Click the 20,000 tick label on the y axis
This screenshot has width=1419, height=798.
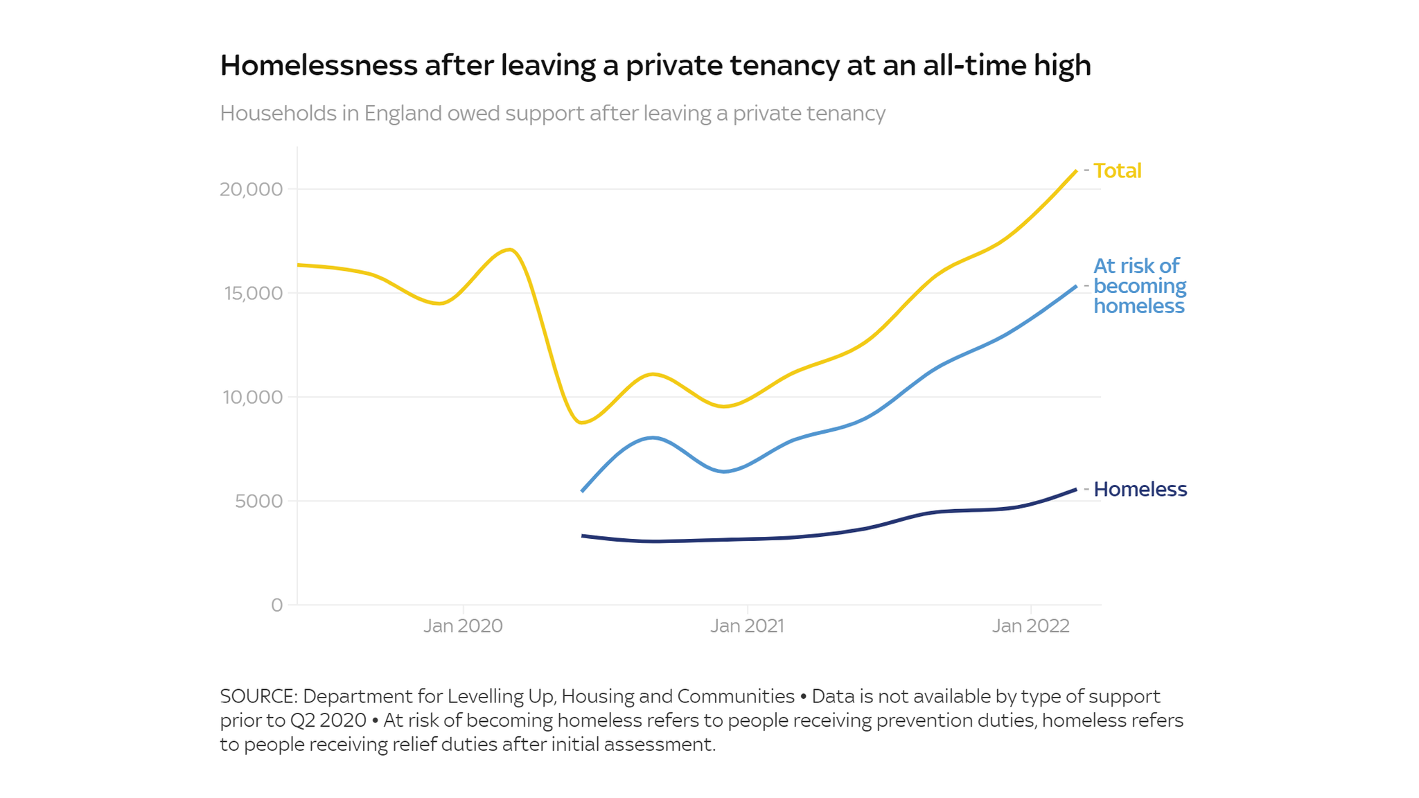pos(252,189)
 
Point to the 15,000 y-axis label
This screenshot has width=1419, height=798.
pos(253,293)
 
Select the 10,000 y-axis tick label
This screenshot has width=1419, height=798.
pos(252,397)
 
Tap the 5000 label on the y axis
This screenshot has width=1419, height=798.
pos(258,501)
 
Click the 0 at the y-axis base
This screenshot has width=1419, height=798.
pos(276,605)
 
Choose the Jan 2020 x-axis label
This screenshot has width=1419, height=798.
pos(463,626)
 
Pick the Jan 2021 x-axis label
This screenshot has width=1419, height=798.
pos(747,626)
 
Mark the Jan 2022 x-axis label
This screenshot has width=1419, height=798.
pos(1030,626)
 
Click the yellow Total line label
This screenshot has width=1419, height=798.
pos(1117,170)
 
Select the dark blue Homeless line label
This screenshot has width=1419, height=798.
pos(1140,489)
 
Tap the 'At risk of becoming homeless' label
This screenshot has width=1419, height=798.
pos(1139,286)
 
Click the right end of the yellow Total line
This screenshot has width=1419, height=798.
pos(1075,171)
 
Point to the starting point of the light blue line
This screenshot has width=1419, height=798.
pos(582,491)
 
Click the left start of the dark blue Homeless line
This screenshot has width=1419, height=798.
pos(582,535)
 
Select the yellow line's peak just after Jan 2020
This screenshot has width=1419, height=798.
pos(510,249)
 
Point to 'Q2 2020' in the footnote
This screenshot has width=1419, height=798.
pos(328,720)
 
